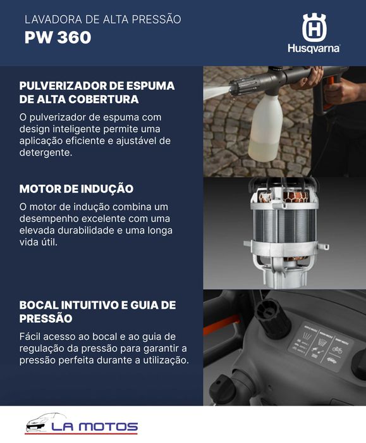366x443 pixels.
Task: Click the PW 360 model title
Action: [58, 37]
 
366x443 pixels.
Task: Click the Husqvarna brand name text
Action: [314, 48]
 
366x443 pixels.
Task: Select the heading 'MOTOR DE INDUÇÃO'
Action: [76, 189]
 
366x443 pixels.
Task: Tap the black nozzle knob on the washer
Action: [272, 316]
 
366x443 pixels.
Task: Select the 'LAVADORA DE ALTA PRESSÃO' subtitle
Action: [102, 20]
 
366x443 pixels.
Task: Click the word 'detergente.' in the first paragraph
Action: [46, 153]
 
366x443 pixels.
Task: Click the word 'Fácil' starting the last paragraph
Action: [32, 336]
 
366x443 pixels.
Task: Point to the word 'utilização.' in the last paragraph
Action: [162, 360]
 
